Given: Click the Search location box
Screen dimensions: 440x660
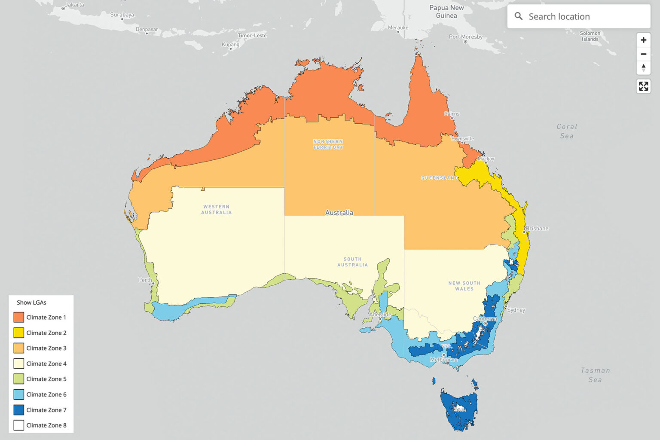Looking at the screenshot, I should click(578, 17).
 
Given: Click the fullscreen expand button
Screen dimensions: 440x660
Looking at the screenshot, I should click(643, 86).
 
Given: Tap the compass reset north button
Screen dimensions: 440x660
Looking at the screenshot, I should click(643, 68).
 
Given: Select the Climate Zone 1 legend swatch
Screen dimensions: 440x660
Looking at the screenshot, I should click(18, 318).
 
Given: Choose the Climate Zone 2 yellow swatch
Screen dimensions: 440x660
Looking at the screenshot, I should click(18, 333).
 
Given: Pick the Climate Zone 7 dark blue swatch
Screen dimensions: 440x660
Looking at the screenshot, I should click(18, 410).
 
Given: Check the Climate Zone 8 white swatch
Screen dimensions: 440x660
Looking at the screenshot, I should click(18, 425).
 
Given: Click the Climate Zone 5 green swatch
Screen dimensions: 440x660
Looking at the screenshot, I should click(18, 379).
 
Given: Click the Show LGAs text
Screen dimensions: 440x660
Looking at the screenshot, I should click(31, 302).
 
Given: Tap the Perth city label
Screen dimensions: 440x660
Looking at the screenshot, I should click(144, 280).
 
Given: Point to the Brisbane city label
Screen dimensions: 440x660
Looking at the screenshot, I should click(537, 229).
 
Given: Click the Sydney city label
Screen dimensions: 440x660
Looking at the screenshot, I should click(516, 310).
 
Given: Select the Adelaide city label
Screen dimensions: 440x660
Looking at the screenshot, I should click(380, 315).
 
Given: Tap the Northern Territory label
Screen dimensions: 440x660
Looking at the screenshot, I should click(328, 144).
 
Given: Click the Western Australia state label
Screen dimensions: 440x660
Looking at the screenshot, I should click(217, 209).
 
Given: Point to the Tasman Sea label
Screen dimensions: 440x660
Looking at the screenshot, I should click(595, 375).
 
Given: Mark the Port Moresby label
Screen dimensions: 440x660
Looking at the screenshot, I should click(465, 37).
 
